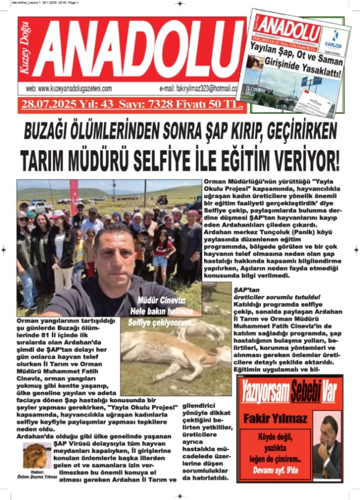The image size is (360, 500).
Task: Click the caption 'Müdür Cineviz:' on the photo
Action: click(157, 301)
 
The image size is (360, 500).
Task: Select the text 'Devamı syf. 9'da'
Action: click(275, 470)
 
